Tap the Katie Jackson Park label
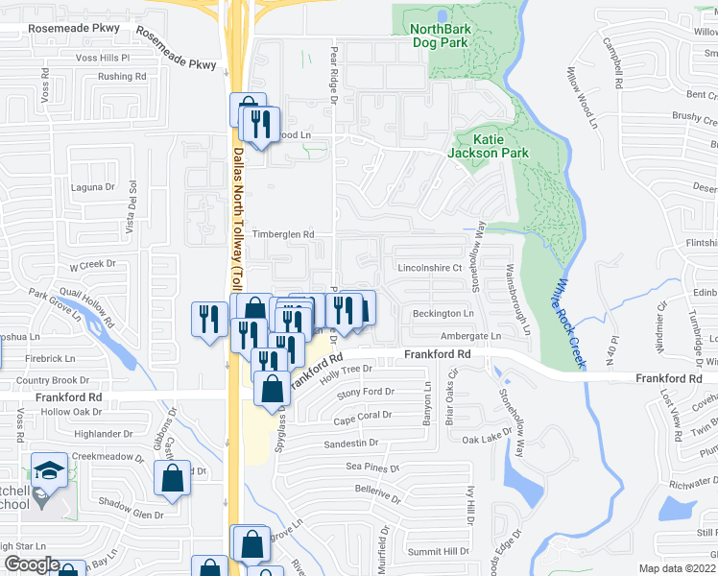[488, 146]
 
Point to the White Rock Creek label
[569, 322]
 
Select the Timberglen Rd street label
[283, 234]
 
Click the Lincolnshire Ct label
[430, 268]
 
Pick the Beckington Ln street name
[443, 314]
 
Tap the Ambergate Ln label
[470, 336]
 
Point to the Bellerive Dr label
[376, 490]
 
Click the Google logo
[31, 564]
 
